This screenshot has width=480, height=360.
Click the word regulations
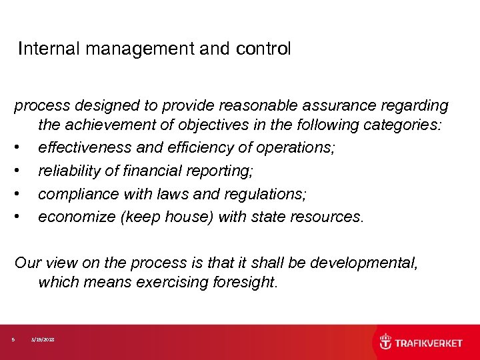(265, 194)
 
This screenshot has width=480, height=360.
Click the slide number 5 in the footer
(13, 340)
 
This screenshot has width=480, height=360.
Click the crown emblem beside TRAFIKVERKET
(386, 343)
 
